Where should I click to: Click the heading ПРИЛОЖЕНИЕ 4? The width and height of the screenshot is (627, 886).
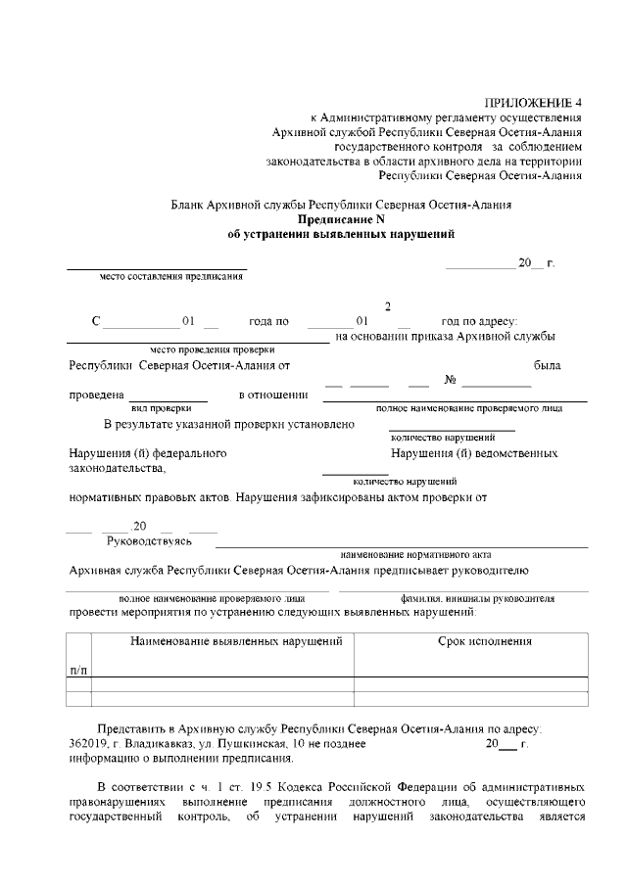[x=533, y=103]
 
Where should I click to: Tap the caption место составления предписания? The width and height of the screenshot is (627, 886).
[x=171, y=276]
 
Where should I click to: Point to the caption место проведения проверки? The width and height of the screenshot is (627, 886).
[x=213, y=350]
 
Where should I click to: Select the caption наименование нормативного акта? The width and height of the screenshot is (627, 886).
[x=402, y=554]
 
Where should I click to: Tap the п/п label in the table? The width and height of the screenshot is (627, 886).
[x=78, y=669]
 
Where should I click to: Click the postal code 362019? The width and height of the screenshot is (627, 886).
[x=88, y=745]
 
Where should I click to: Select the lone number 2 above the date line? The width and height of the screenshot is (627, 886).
[x=388, y=306]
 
